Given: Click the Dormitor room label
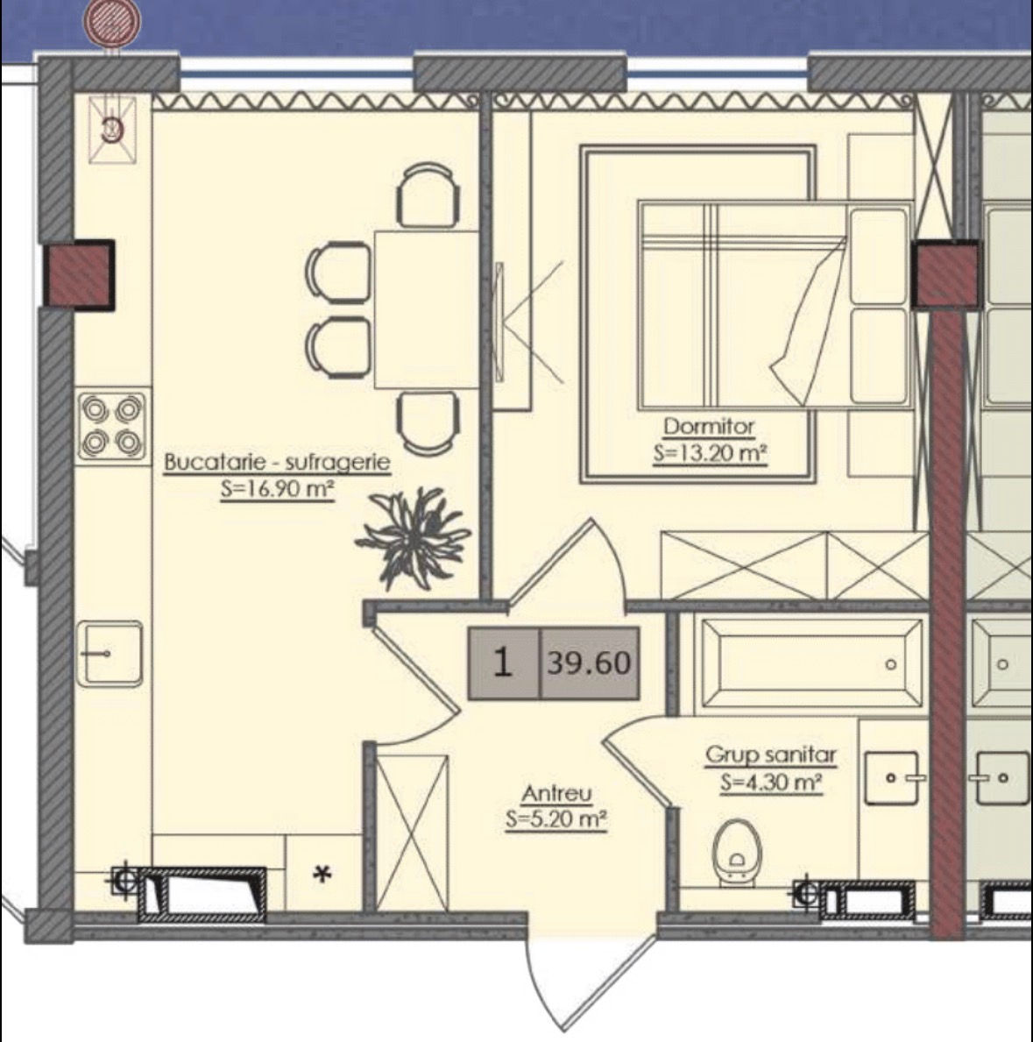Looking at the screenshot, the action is pyautogui.click(x=709, y=426).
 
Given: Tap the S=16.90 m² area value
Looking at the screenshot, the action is pyautogui.click(x=277, y=489).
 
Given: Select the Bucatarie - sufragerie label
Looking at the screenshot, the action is pyautogui.click(x=277, y=462).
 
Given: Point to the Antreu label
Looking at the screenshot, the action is pyautogui.click(x=556, y=793).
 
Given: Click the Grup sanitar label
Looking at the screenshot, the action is pyautogui.click(x=771, y=755).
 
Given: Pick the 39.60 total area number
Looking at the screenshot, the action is pyautogui.click(x=590, y=663).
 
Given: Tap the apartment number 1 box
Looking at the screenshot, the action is pyautogui.click(x=503, y=663).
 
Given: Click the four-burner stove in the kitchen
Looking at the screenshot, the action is pyautogui.click(x=111, y=426).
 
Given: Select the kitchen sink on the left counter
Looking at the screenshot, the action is pyautogui.click(x=110, y=653).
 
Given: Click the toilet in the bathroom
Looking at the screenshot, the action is pyautogui.click(x=737, y=853).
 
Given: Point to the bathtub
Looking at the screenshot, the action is pyautogui.click(x=811, y=664).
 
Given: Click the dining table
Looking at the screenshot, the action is pyautogui.click(x=427, y=309).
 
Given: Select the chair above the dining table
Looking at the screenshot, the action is pyautogui.click(x=428, y=195).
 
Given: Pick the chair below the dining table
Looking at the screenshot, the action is pyautogui.click(x=428, y=422).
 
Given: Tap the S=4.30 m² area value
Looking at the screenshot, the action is pyautogui.click(x=771, y=783).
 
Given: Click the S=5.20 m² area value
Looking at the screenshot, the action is pyautogui.click(x=556, y=820).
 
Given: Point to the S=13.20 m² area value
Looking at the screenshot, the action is pyautogui.click(x=710, y=454).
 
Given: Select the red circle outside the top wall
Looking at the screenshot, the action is pyautogui.click(x=111, y=21).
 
